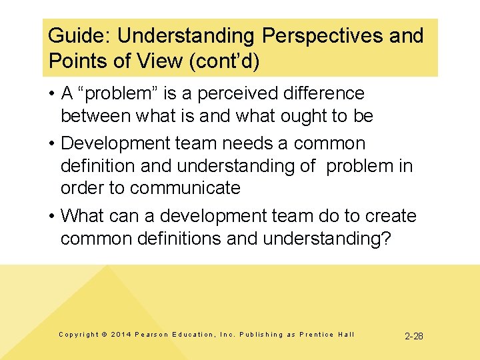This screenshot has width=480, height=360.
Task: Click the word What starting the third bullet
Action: [81, 216]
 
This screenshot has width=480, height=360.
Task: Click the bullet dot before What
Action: [52, 216]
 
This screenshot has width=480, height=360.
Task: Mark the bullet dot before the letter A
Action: [52, 93]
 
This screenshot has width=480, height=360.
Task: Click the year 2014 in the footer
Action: [122, 335]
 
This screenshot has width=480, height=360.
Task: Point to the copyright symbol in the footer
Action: [105, 335]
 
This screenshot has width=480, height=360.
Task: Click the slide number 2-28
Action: [413, 336]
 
